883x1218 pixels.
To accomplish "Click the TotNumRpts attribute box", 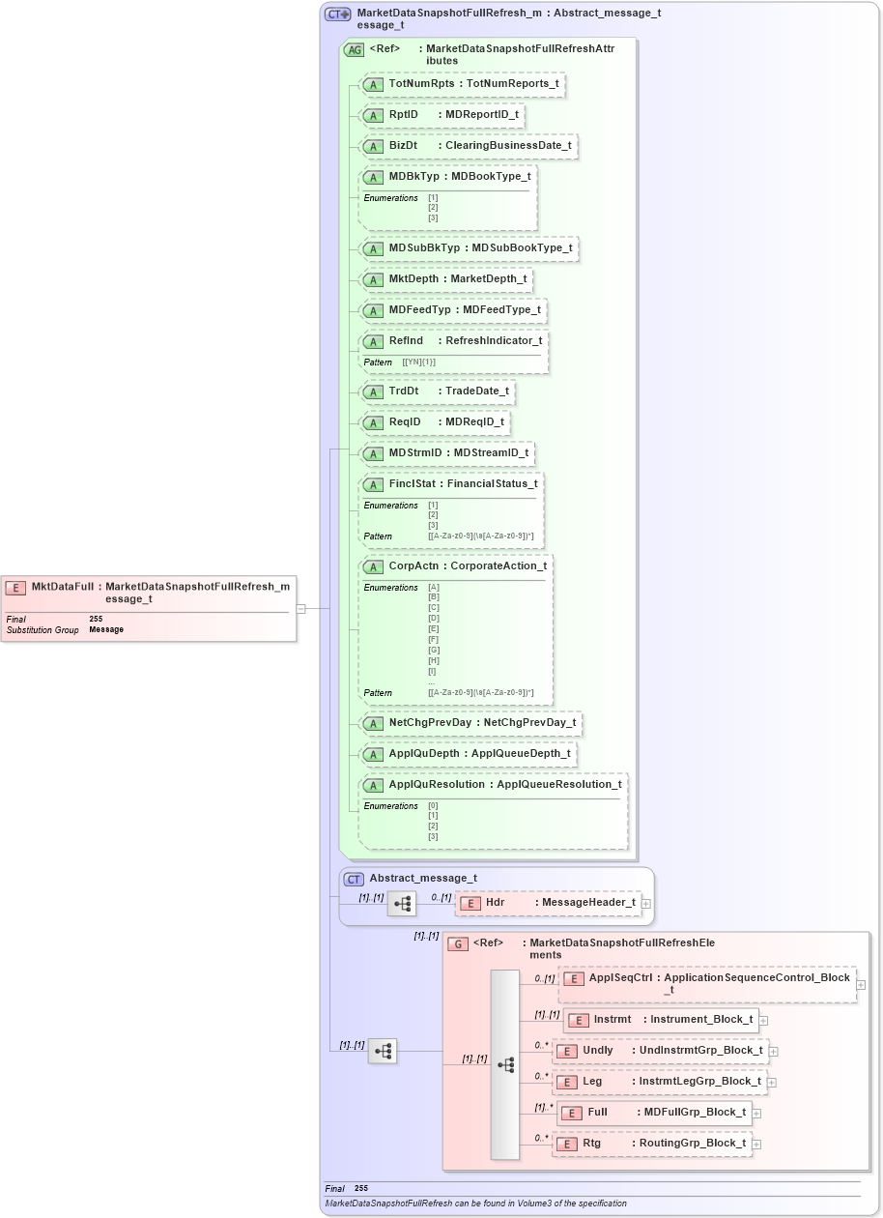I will [462, 84].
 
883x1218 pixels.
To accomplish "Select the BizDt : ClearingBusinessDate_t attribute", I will [468, 146].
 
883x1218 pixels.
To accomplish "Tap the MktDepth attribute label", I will [445, 279].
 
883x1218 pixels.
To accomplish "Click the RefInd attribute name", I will [407, 341].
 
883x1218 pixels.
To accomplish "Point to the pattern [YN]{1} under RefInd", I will [419, 362].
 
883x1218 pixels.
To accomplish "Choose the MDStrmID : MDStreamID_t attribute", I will [446, 453].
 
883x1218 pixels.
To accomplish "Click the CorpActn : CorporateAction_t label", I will [468, 566].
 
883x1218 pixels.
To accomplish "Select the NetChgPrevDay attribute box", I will [470, 723].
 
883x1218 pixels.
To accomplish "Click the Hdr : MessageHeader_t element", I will [548, 903].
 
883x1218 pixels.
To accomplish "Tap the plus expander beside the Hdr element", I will [646, 904].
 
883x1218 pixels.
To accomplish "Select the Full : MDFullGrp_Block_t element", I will [654, 1113].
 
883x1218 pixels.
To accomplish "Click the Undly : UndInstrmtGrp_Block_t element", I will [660, 1051].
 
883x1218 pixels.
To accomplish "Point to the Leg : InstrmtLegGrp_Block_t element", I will [659, 1082].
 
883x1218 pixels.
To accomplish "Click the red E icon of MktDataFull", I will [15, 587].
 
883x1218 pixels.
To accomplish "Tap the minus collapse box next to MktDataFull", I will [301, 609].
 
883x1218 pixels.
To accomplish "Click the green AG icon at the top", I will [354, 49].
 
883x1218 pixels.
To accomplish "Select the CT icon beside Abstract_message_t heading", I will [354, 879].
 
